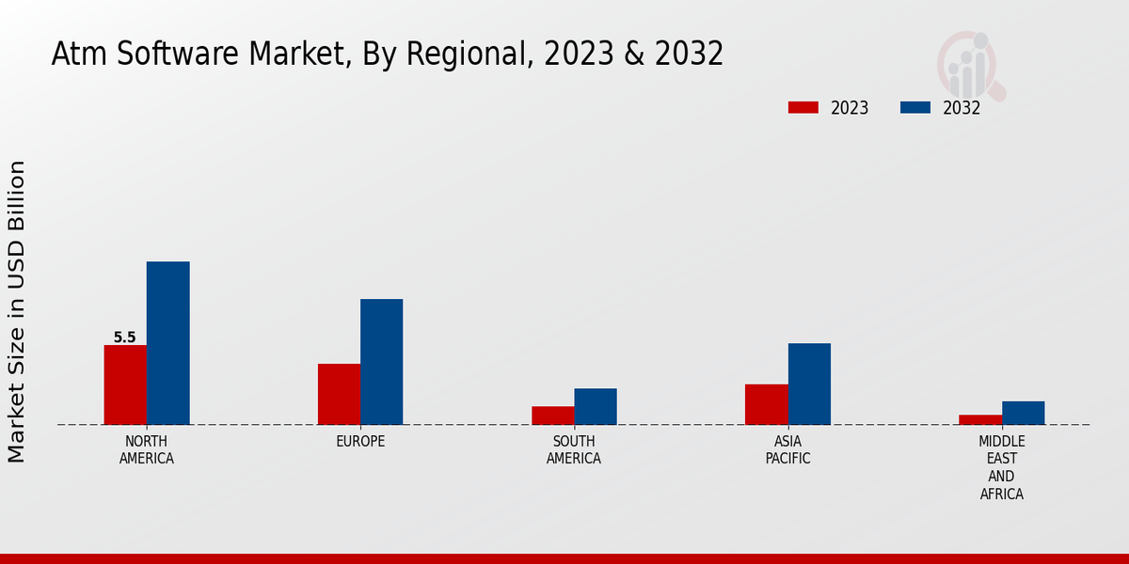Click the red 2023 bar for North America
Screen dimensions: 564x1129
click(125, 384)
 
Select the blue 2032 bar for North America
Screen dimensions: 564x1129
click(167, 343)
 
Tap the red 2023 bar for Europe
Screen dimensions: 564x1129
click(339, 394)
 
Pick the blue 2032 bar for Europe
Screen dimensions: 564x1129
click(381, 362)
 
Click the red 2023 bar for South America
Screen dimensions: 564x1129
click(552, 415)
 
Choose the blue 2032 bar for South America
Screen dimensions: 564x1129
click(596, 406)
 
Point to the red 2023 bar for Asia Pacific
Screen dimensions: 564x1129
click(766, 404)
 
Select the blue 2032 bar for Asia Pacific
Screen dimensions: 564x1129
click(809, 384)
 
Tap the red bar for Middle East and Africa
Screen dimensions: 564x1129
click(980, 419)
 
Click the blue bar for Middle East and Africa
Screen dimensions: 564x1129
click(1023, 413)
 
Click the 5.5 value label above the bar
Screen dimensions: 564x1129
click(124, 337)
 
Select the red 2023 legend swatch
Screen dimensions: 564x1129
click(803, 108)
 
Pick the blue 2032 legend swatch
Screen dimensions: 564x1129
click(914, 108)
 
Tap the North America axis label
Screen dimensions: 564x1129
click(147, 450)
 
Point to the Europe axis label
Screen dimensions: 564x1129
click(360, 442)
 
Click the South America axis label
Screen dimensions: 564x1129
click(574, 450)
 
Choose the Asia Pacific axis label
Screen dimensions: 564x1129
click(787, 450)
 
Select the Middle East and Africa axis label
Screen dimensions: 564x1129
click(1002, 468)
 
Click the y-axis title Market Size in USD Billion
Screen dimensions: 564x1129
click(17, 311)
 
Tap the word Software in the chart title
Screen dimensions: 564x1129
click(174, 55)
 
